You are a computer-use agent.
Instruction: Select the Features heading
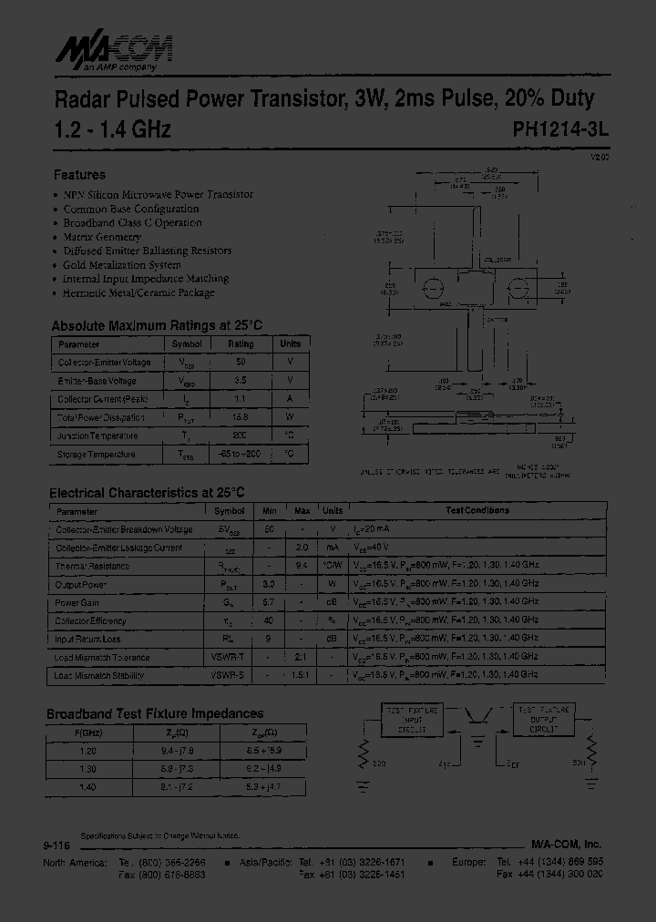tap(79, 174)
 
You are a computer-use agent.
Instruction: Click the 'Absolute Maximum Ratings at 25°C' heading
tap(157, 325)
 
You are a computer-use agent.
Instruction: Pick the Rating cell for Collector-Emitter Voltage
tap(241, 363)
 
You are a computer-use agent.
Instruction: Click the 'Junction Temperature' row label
tap(97, 435)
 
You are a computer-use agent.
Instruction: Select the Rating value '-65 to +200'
tap(241, 454)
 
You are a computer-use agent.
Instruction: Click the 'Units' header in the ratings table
tap(290, 344)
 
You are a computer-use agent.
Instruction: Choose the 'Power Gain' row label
tap(77, 602)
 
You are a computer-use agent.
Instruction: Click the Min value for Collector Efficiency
tap(269, 620)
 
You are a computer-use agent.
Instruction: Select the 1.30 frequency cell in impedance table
tap(89, 769)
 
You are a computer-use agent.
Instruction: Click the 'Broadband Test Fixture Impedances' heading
tap(155, 713)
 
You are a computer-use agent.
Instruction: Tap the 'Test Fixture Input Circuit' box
tap(412, 720)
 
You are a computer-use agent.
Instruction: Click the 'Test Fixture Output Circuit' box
tap(545, 720)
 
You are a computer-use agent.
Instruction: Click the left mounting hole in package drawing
tap(433, 287)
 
